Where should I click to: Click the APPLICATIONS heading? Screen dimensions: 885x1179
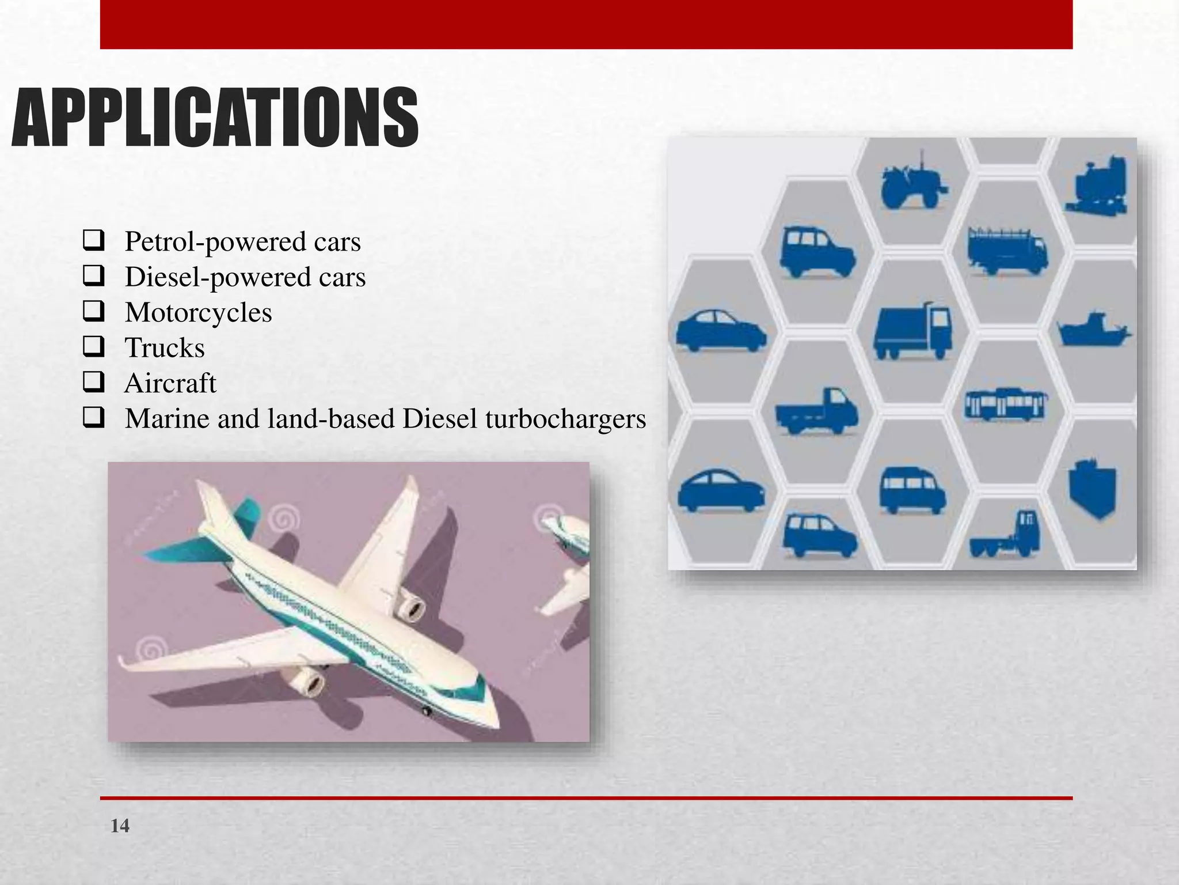214,118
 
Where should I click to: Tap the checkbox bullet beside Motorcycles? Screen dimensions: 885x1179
93,311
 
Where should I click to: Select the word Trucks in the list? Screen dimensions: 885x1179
165,347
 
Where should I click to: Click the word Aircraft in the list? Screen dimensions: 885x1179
170,383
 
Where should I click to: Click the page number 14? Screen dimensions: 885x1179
120,826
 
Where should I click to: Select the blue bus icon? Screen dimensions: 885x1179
1006,404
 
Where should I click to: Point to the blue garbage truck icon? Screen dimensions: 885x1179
913,331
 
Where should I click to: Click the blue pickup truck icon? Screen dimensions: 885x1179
816,411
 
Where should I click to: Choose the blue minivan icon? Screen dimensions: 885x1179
912,490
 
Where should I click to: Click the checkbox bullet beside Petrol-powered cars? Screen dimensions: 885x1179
93,240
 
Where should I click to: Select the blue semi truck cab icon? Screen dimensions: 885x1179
1006,536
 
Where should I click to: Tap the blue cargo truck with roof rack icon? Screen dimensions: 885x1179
1007,252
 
